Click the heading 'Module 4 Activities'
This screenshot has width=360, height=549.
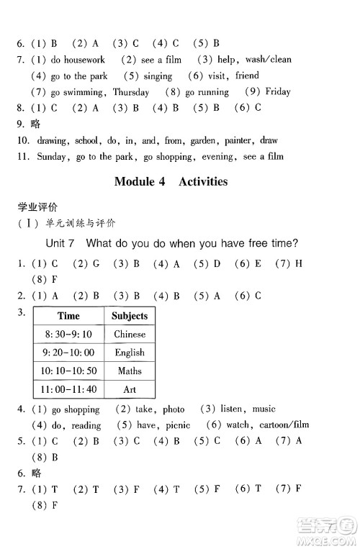171,182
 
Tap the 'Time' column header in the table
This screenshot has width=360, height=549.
68,316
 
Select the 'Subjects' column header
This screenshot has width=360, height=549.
130,316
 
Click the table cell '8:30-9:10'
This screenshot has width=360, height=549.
68,334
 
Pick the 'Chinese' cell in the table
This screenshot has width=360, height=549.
130,334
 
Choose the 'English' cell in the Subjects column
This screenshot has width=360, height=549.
130,353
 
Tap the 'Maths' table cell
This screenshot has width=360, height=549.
130,371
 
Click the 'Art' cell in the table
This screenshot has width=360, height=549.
130,389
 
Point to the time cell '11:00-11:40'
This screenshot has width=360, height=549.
68,389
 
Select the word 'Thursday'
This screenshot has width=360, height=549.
131,92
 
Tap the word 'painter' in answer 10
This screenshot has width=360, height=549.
238,140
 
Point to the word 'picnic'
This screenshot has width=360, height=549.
174,425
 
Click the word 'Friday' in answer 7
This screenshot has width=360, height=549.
278,92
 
